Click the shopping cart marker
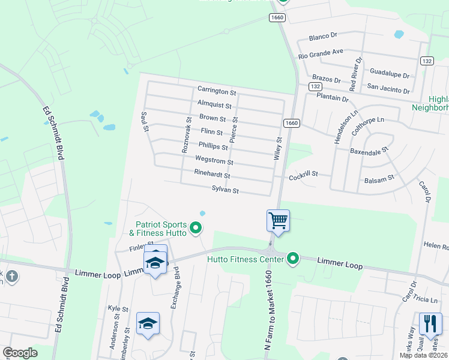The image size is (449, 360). tap(279, 221)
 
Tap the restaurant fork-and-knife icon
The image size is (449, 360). tap(430, 324)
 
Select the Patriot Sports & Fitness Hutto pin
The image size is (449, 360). tap(195, 228)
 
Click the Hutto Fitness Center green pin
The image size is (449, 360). tap(293, 259)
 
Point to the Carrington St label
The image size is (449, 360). tap(217, 91)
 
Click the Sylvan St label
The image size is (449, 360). tap(226, 191)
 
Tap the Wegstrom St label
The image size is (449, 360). tap(214, 160)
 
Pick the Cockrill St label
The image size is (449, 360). tap(303, 175)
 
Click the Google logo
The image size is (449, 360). tap(20, 353)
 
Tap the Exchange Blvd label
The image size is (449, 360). tap(176, 292)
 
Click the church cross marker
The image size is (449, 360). tap(12, 277)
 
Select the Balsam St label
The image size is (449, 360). tap(379, 178)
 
